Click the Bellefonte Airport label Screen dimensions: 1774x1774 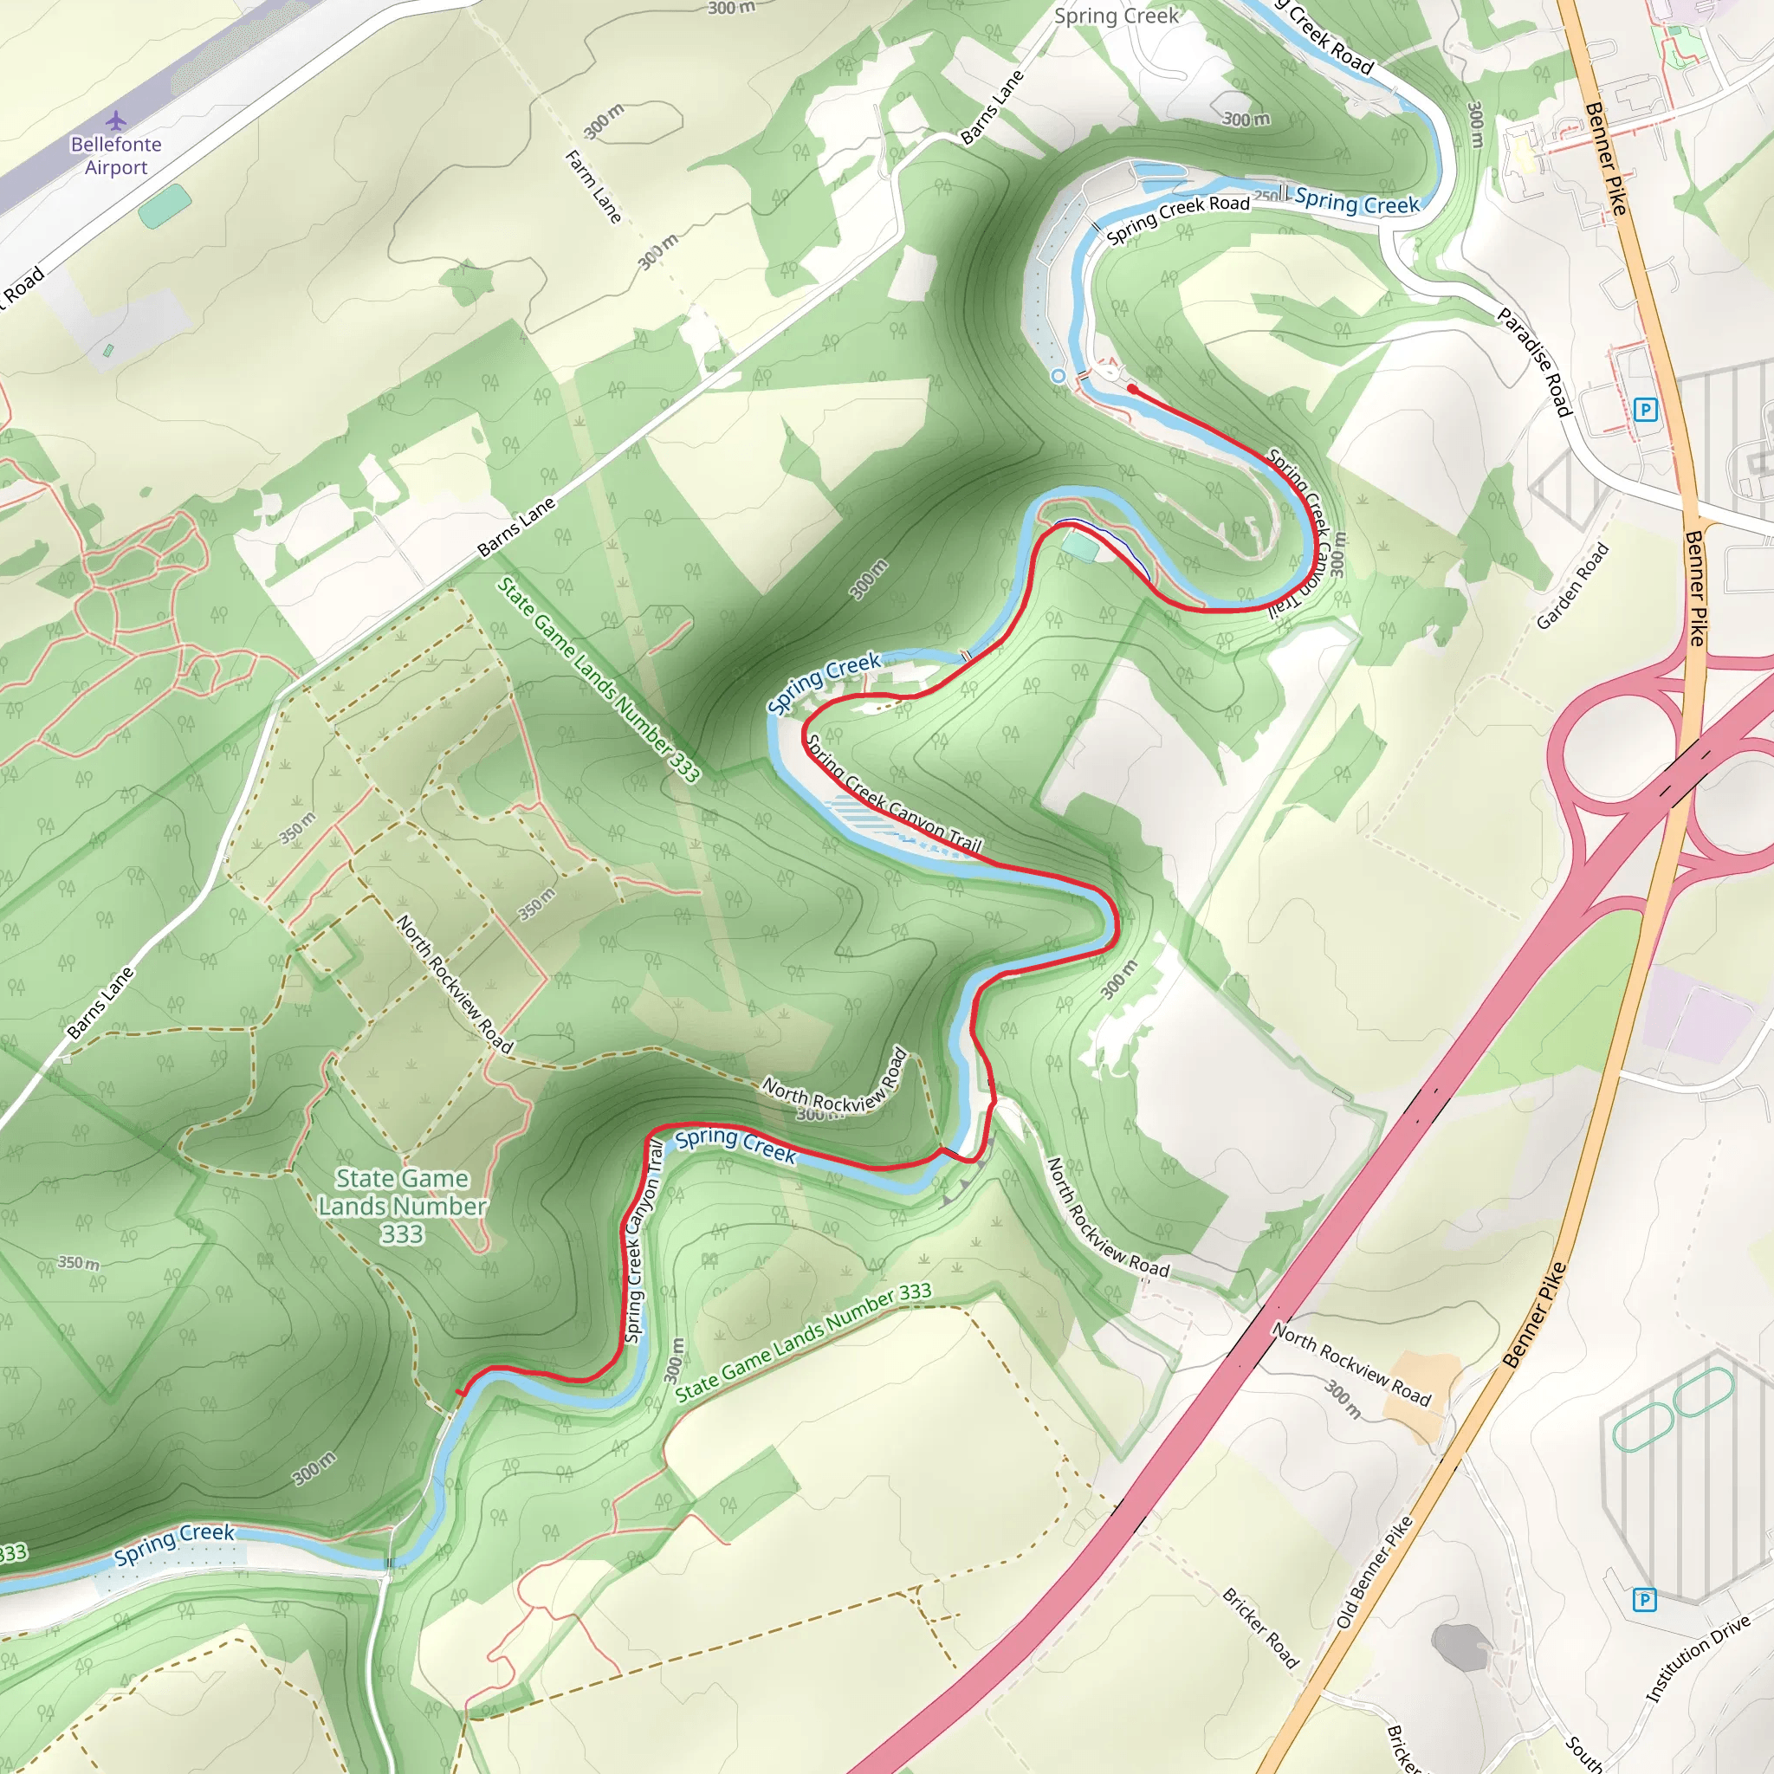tap(116, 156)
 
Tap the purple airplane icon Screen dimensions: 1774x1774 tap(116, 120)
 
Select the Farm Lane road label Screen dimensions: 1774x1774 tap(594, 187)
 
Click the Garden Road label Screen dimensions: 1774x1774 tap(1573, 586)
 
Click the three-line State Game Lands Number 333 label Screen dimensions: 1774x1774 tap(402, 1206)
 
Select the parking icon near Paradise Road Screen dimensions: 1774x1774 tap(1647, 410)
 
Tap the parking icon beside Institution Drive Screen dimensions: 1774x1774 tap(1645, 1601)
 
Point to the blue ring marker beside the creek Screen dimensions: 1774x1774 tap(1058, 377)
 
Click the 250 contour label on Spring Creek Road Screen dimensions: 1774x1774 tap(1266, 197)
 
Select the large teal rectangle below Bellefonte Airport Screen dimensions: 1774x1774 tap(165, 205)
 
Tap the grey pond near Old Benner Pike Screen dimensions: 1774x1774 tap(1459, 1647)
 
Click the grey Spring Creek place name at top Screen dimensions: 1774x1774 tap(1116, 16)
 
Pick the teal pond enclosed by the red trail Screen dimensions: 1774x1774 tap(1081, 548)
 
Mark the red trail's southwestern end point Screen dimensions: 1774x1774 tap(459, 1393)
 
